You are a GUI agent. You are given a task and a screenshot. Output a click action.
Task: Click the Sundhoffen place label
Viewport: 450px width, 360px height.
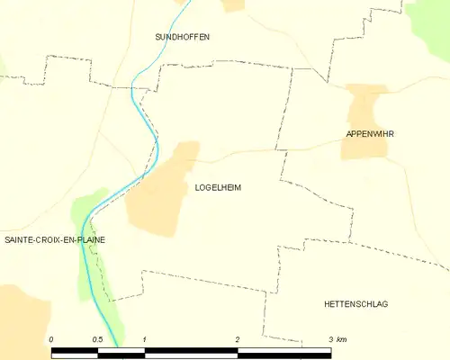[182, 37]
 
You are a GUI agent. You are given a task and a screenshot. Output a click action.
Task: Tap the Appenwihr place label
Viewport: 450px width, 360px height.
[370, 134]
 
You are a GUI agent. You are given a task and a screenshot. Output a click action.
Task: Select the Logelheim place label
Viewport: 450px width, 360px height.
[218, 188]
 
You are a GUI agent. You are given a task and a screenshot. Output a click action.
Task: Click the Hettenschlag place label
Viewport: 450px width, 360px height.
[355, 304]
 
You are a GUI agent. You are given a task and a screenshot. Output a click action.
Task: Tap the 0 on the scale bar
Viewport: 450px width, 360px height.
[51, 338]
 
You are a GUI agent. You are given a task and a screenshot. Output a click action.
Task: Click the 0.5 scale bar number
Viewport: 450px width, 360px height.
[98, 338]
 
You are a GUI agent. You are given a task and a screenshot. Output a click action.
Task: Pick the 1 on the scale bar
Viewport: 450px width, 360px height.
[145, 338]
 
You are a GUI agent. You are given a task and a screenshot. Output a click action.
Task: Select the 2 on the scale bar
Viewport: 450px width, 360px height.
[238, 338]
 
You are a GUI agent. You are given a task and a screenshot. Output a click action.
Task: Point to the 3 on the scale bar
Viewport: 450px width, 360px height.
[330, 338]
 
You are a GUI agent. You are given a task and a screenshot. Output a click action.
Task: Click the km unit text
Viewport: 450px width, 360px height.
[342, 338]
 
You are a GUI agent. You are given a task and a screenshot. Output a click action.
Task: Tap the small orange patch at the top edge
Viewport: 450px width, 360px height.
[234, 4]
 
